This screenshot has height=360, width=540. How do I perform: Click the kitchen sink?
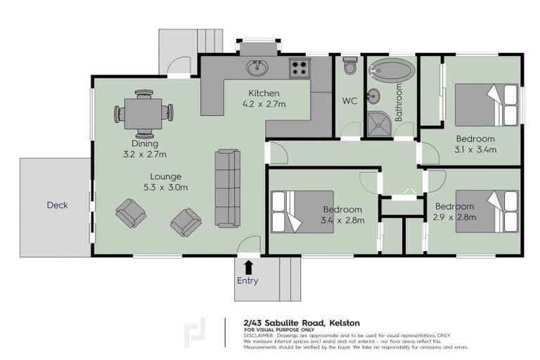pyautogui.click(x=257, y=67)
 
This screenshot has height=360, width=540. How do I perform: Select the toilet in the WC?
pyautogui.click(x=349, y=66)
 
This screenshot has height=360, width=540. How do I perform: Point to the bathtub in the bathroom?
pyautogui.click(x=392, y=70)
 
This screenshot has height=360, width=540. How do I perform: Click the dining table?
pyautogui.click(x=144, y=112)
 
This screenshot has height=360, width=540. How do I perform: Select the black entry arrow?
pyautogui.click(x=248, y=266)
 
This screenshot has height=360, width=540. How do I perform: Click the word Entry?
pyautogui.click(x=247, y=281)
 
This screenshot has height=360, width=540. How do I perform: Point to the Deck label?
pyautogui.click(x=57, y=205)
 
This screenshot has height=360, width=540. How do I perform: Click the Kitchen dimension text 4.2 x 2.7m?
pyautogui.click(x=264, y=104)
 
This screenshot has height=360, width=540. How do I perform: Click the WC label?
pyautogui.click(x=349, y=101)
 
